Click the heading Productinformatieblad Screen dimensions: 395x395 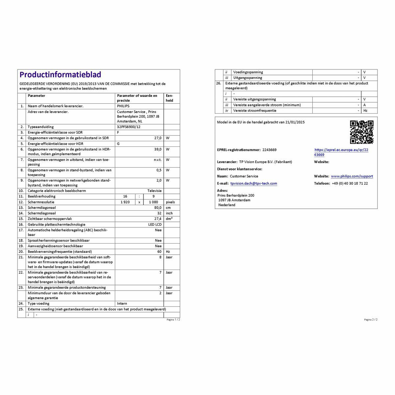60,75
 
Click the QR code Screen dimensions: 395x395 361,132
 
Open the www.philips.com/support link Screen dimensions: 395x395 352,176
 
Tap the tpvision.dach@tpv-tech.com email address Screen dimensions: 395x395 253,184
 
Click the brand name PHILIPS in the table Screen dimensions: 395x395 123,106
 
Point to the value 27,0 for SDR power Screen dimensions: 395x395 158,138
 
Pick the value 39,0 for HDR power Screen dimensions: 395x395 158,149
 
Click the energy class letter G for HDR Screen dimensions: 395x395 118,144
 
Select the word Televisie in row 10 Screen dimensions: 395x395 154,191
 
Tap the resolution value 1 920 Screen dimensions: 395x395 125,202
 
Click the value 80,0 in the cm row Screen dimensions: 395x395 158,208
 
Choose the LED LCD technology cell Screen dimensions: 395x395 155,224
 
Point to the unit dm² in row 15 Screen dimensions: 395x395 169,219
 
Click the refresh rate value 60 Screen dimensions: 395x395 159,251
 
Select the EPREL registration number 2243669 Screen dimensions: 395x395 269,150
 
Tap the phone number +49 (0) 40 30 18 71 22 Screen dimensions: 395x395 350,184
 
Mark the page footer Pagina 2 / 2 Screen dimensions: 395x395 371,320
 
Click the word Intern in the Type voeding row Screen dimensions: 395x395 122,303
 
